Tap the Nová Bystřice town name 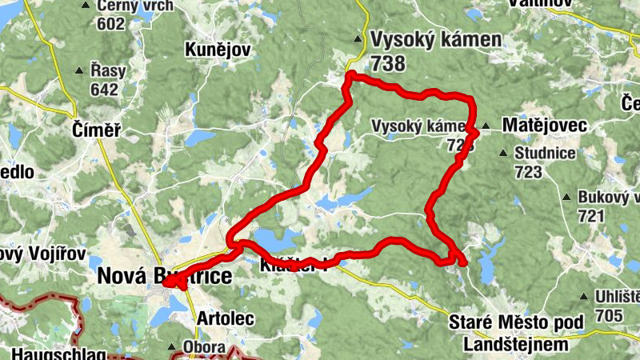(x=164, y=277)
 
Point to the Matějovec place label (x=544, y=126)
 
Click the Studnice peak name (x=542, y=153)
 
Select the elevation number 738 (x=388, y=63)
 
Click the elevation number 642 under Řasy (x=104, y=89)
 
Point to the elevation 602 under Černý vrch (x=110, y=24)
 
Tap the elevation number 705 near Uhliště (x=609, y=316)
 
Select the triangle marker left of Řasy (x=79, y=71)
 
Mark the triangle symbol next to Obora (x=172, y=347)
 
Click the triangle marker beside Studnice (x=502, y=153)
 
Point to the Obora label (x=204, y=347)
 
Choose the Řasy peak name (x=108, y=71)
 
